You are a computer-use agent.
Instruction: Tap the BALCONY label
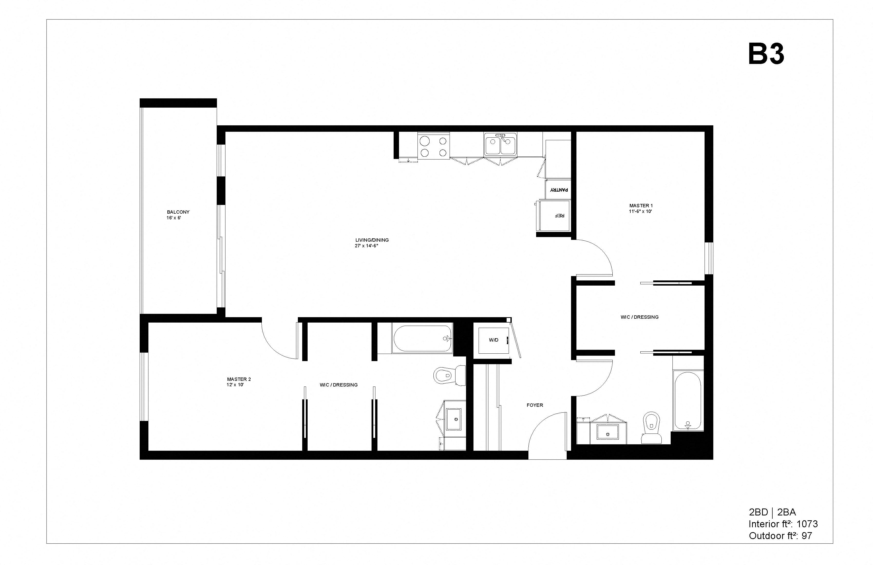tap(178, 212)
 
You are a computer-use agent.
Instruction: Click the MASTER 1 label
tap(641, 206)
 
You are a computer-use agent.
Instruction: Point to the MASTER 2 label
tap(239, 379)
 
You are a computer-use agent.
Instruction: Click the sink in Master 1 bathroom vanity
tap(608, 432)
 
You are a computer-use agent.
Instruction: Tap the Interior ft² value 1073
tap(807, 524)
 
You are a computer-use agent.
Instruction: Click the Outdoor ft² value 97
tap(806, 536)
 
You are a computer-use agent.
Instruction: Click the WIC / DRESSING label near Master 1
tap(639, 317)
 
